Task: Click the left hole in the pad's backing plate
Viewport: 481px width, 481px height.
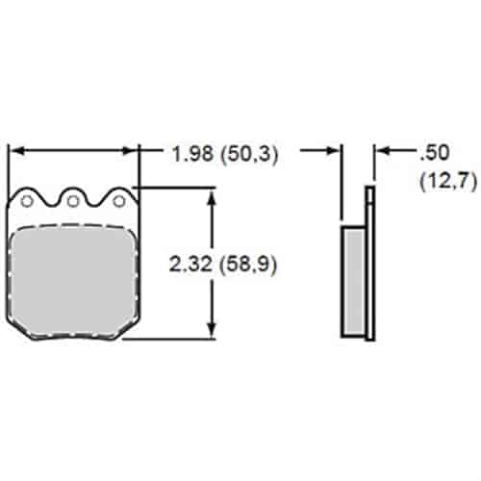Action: (x=28, y=201)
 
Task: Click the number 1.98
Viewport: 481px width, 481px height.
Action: (x=191, y=153)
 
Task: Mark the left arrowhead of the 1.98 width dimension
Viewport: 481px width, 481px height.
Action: (x=13, y=151)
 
